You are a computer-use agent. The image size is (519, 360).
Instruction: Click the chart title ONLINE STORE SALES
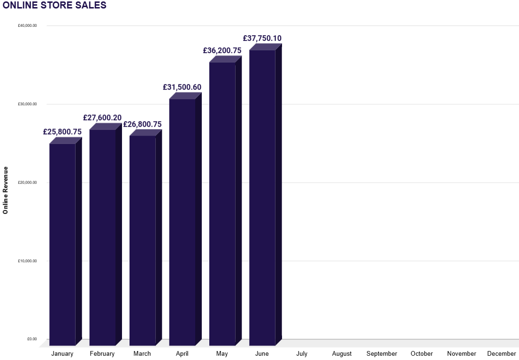coord(54,6)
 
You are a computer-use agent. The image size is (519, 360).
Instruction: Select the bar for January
coord(62,244)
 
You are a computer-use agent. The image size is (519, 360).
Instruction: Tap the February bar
coord(102,237)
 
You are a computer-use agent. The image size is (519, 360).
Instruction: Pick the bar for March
coord(142,240)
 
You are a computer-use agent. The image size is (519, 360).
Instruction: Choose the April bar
coord(182,222)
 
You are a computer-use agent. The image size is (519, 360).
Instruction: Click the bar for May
coord(222,204)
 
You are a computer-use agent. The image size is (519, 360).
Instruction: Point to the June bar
coord(262,198)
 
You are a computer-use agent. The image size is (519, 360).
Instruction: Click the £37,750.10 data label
coord(262,38)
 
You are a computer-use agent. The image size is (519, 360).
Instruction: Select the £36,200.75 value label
coord(222,51)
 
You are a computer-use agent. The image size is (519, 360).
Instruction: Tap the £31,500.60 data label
coord(182,87)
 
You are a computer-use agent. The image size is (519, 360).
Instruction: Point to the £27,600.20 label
coord(102,118)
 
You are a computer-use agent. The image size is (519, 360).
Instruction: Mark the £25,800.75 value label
coord(62,132)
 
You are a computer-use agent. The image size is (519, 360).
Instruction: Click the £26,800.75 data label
coord(142,124)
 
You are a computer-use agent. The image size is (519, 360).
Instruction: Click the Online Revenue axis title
coord(6,190)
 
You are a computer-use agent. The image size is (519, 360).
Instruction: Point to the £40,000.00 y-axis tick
coord(27,26)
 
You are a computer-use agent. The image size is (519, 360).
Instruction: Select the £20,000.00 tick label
coord(27,183)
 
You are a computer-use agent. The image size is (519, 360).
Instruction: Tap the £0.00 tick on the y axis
coord(31,339)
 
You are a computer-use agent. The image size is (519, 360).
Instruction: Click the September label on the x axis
coord(382,353)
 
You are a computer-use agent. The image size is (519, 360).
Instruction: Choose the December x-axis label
coord(501,353)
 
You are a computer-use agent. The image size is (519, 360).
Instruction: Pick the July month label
coord(302,353)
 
